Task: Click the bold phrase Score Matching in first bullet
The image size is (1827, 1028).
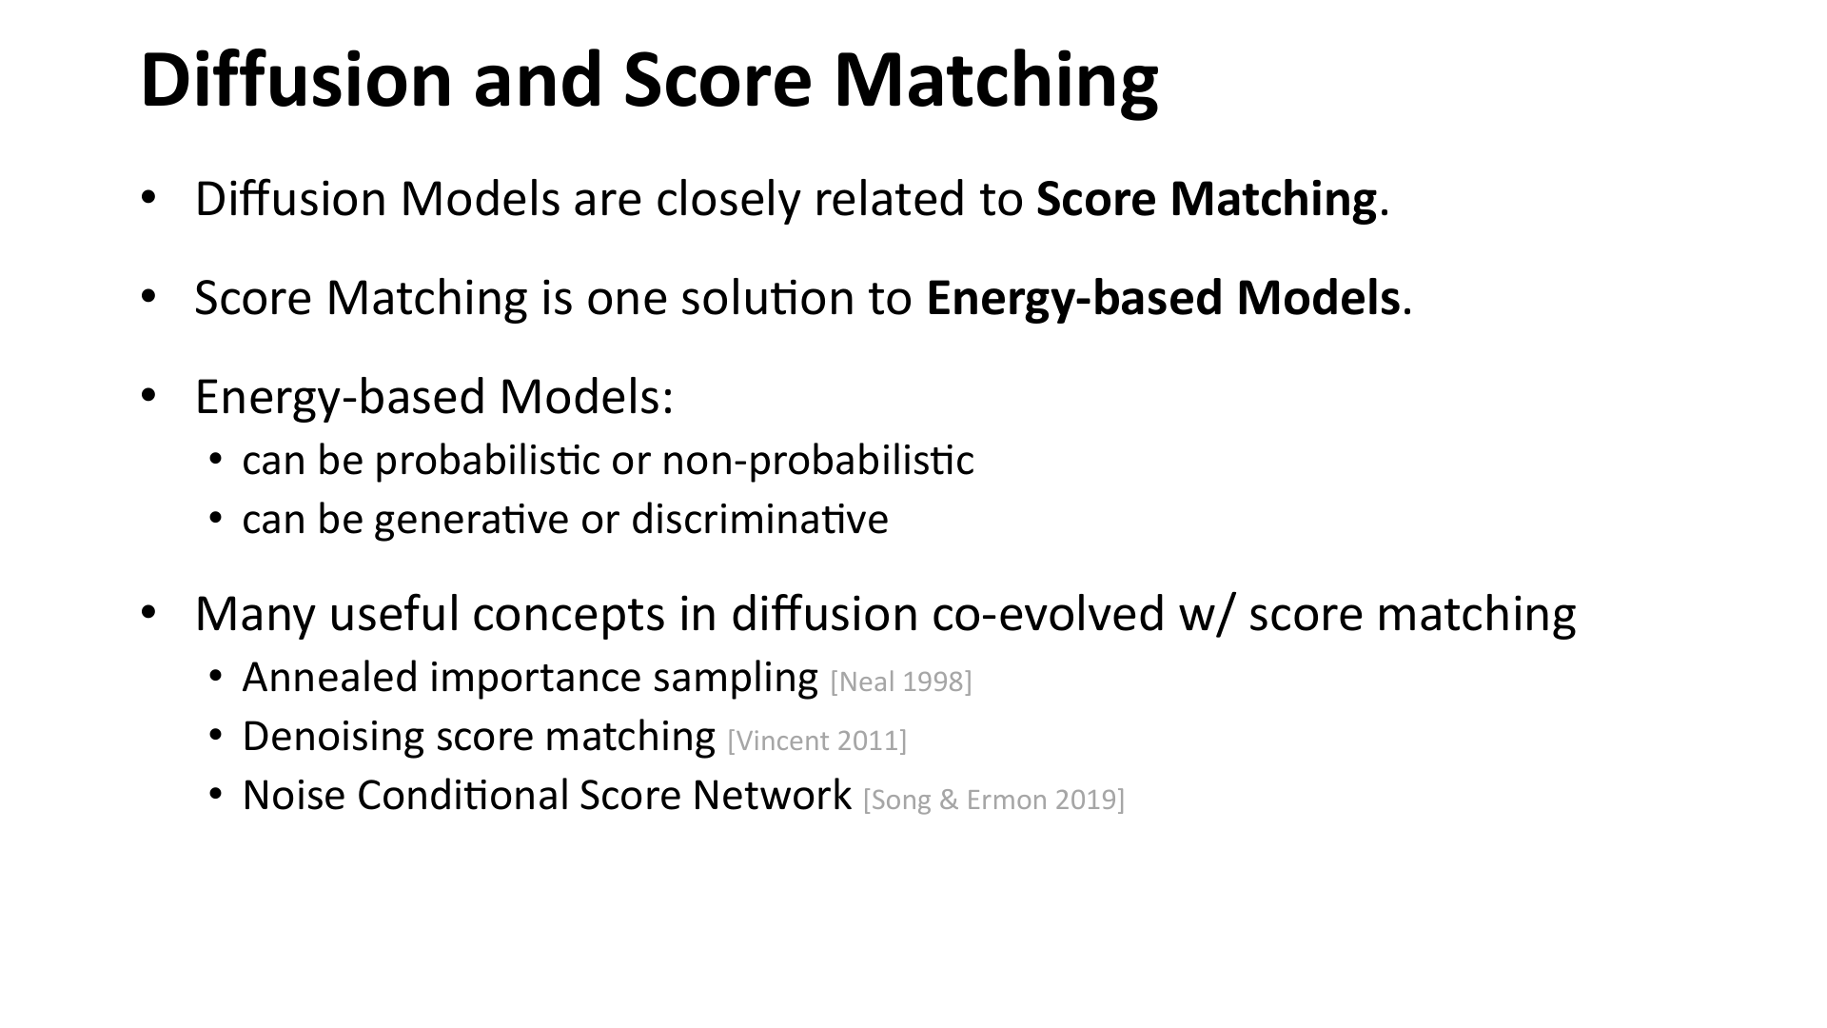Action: [1206, 199]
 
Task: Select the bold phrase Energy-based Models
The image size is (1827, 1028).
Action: [1163, 298]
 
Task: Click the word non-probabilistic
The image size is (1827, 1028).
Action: [817, 461]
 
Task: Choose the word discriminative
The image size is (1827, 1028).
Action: [758, 520]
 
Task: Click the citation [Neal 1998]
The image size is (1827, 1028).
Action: [900, 682]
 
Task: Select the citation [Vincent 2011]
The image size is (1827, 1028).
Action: [816, 741]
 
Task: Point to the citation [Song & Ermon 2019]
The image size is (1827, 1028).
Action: [993, 800]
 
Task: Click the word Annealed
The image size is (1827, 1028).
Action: [330, 678]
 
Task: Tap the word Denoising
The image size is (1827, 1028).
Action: [333, 737]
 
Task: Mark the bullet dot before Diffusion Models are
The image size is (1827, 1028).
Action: [147, 198]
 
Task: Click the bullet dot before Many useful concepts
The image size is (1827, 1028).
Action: [147, 612]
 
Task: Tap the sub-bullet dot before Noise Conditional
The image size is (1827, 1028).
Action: [216, 795]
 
